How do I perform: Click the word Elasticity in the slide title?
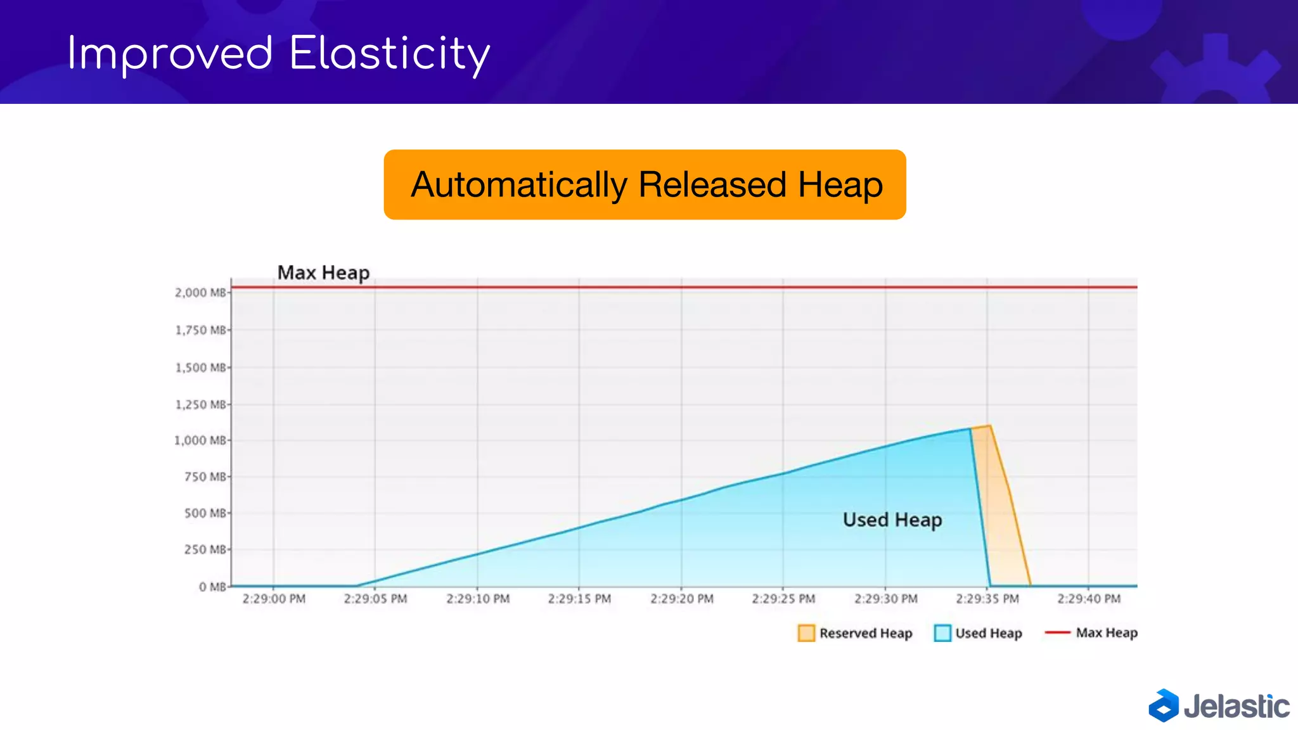pyautogui.click(x=389, y=54)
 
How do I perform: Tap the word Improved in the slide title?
pyautogui.click(x=170, y=54)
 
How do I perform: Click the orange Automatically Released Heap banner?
pyautogui.click(x=645, y=185)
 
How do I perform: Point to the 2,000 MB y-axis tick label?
pyautogui.click(x=200, y=293)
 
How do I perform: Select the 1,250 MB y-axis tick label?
pyautogui.click(x=200, y=404)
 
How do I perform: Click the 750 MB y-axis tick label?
pyautogui.click(x=205, y=477)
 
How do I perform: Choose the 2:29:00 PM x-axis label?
pyautogui.click(x=274, y=599)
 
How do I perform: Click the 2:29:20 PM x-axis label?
pyautogui.click(x=682, y=599)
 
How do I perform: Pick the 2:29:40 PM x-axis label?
pyautogui.click(x=1089, y=599)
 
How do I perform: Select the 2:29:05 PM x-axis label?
pyautogui.click(x=375, y=599)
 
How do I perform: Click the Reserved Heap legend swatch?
pyautogui.click(x=806, y=633)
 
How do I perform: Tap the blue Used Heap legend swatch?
pyautogui.click(x=942, y=633)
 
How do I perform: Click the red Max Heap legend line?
pyautogui.click(x=1057, y=632)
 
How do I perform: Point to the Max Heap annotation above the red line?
pyautogui.click(x=323, y=272)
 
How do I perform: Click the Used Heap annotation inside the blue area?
pyautogui.click(x=892, y=520)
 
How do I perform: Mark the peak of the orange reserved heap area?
pyautogui.click(x=989, y=426)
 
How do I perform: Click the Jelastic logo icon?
pyautogui.click(x=1164, y=705)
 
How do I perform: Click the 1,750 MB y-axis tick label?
pyautogui.click(x=200, y=330)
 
